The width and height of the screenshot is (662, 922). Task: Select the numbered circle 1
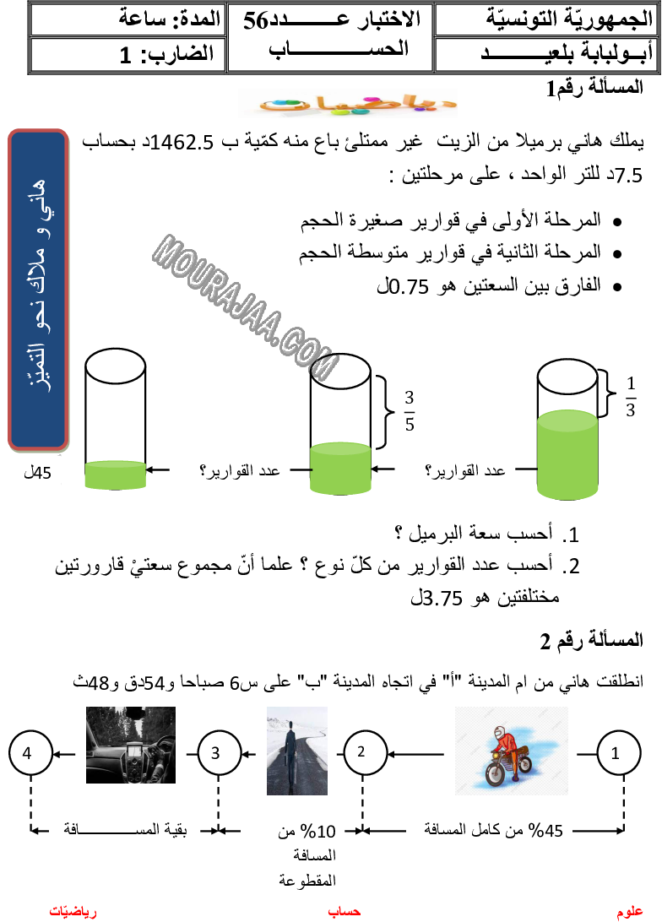point(618,753)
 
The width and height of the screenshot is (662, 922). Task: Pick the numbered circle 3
point(219,753)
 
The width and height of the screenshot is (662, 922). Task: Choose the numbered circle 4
point(30,753)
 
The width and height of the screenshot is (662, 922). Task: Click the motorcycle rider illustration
point(510,751)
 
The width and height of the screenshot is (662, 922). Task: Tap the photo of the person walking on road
point(296,751)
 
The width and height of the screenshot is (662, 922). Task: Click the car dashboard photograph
point(131,745)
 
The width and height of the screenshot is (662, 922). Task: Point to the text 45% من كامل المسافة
point(489,830)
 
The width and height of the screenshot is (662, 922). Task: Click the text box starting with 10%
point(293,855)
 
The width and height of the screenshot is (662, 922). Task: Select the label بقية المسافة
point(125,829)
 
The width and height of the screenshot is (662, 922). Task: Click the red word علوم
point(630,912)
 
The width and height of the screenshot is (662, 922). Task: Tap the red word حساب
point(344,912)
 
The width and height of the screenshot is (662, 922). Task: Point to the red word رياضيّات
point(73,912)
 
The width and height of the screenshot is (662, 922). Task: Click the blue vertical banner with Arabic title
point(38,290)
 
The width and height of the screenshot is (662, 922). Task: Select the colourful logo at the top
point(346,104)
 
